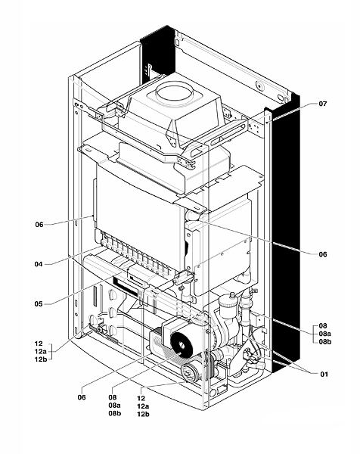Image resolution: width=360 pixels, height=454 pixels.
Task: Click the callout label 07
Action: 322,104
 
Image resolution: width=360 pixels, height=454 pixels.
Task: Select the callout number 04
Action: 39,264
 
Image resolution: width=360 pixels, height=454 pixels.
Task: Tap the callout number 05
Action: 39,304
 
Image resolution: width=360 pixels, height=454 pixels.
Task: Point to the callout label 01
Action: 324,374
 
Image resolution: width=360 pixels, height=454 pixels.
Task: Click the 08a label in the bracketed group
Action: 325,334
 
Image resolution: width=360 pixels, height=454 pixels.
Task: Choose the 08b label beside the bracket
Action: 325,342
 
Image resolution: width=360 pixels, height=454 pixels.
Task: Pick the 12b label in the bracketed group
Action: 41,359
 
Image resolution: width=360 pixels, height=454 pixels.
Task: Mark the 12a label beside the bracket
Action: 41,352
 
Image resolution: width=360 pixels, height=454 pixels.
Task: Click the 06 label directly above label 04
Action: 39,225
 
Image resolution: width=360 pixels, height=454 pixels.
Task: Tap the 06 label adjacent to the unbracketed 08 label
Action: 82,397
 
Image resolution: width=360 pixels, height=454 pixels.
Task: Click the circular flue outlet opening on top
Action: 174,93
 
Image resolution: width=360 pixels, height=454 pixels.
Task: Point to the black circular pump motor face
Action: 182,344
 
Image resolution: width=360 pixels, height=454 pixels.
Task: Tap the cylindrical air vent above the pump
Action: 228,306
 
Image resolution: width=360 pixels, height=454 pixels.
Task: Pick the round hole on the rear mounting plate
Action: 259,86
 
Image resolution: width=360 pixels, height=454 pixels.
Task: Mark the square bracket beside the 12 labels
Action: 51,352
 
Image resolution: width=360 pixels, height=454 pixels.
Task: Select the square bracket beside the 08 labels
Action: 315,334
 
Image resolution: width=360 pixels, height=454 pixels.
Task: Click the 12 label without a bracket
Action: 141,399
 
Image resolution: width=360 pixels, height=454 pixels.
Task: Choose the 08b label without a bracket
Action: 115,413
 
